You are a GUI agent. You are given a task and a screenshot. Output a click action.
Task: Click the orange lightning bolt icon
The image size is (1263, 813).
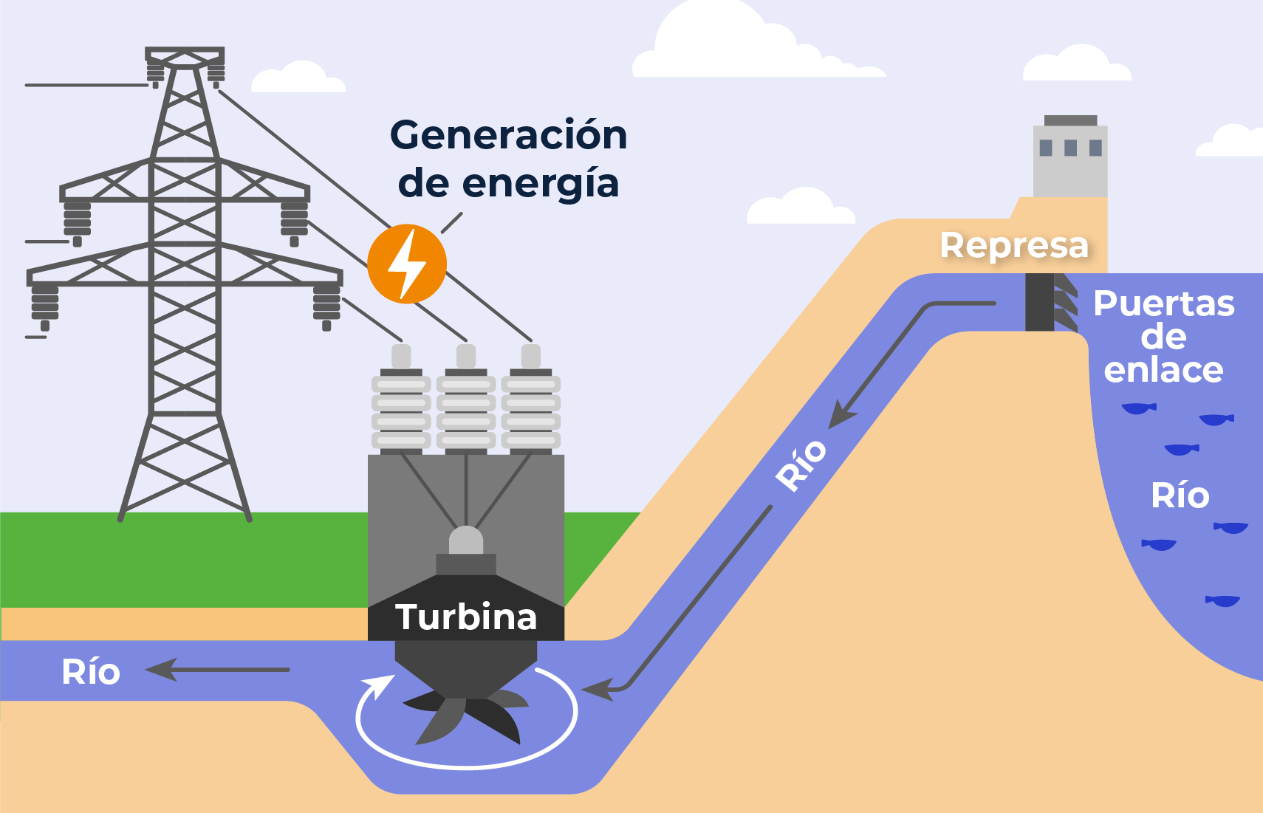pyautogui.click(x=406, y=264)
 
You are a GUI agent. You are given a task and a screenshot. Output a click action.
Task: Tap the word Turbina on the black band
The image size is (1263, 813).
pyautogui.click(x=465, y=617)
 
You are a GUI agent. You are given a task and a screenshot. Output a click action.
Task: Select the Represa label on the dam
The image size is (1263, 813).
pyautogui.click(x=1014, y=245)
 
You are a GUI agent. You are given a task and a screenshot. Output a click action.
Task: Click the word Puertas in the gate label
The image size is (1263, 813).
pyautogui.click(x=1163, y=303)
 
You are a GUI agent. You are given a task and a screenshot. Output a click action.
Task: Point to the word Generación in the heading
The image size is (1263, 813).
pyautogui.click(x=508, y=135)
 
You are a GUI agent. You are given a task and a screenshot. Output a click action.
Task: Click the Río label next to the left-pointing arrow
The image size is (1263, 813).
pyautogui.click(x=91, y=672)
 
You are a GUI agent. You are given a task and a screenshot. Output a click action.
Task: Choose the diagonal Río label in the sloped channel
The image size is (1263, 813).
pyautogui.click(x=801, y=464)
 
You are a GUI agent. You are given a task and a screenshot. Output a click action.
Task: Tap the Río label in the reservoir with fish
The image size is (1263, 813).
pyautogui.click(x=1180, y=495)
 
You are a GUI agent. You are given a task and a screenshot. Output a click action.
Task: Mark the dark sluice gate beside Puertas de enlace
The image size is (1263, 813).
pyautogui.click(x=1040, y=301)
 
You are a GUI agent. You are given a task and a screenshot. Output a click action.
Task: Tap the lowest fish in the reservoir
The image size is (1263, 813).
pyautogui.click(x=1222, y=600)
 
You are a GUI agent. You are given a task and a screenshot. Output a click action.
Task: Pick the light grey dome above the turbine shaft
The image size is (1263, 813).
pyautogui.click(x=466, y=541)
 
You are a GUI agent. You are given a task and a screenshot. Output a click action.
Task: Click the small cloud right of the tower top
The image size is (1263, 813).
pyautogui.click(x=298, y=78)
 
